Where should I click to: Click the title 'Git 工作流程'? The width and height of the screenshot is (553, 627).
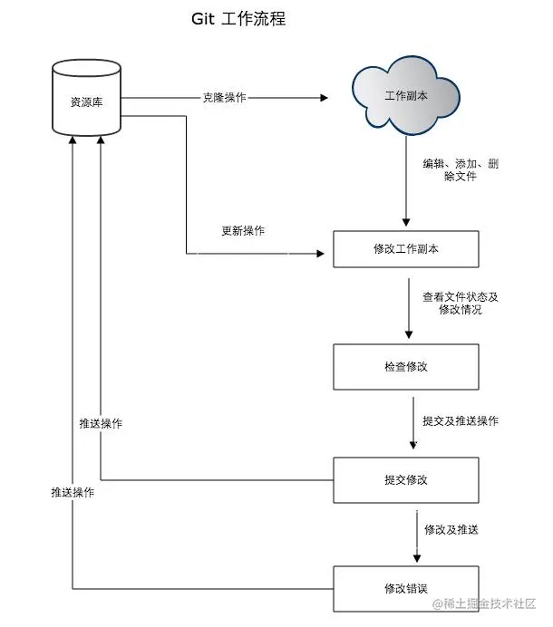pos(238,18)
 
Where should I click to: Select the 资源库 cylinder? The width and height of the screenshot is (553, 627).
pos(86,100)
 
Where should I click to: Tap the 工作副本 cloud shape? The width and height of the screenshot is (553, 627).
pos(406,96)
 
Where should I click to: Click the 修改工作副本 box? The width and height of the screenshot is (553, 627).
pos(405,249)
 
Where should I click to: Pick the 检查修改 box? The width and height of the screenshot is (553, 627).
pos(405,367)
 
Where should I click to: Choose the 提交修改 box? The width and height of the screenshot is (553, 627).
pos(405,479)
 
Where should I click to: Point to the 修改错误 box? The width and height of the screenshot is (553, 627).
pos(405,588)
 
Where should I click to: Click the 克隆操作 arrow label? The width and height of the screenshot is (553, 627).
pos(224,97)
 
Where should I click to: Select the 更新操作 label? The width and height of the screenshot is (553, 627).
pos(243,231)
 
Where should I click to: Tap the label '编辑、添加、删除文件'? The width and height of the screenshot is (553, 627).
pos(461,170)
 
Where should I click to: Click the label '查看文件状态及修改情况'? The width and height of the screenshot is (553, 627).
pos(461,303)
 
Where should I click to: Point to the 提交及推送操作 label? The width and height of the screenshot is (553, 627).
pos(461,421)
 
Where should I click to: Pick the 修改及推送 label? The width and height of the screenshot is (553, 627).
pos(451,529)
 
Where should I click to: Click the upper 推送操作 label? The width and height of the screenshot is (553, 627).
pos(101,424)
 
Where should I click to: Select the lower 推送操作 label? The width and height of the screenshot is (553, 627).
pos(73,492)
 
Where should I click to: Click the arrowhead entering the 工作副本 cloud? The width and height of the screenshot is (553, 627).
pos(323,97)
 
